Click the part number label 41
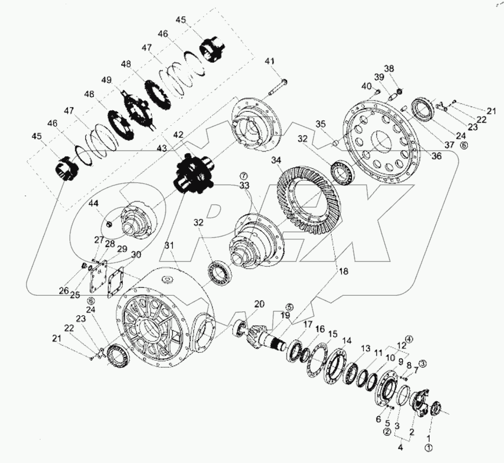click(x=269, y=61)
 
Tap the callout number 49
click(x=107, y=80)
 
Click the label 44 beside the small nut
click(x=94, y=203)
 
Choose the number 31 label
click(x=170, y=246)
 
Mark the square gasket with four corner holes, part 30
click(x=115, y=284)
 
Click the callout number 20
click(x=260, y=304)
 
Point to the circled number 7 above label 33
click(x=243, y=176)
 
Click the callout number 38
click(x=389, y=68)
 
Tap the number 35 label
click(x=321, y=124)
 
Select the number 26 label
click(x=64, y=291)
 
